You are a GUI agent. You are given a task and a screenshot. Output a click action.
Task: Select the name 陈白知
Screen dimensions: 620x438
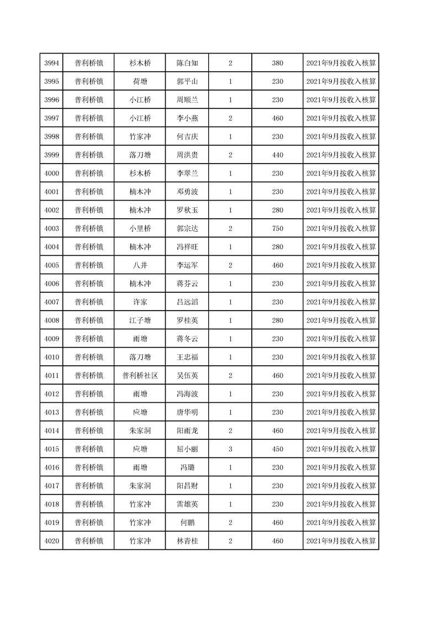click(187, 63)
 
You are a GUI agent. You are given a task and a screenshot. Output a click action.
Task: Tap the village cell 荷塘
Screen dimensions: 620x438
click(140, 81)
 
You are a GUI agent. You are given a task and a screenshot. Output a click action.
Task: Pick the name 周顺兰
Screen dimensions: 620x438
click(187, 100)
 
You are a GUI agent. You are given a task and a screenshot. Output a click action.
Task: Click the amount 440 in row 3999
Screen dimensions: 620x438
click(277, 155)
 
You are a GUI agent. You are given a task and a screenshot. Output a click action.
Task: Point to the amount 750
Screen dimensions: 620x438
click(277, 229)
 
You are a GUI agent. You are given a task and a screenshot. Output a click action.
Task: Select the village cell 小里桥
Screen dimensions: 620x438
click(140, 229)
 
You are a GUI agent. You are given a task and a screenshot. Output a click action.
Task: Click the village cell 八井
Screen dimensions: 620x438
click(140, 265)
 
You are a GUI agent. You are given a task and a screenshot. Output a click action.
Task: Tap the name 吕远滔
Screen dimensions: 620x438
click(187, 302)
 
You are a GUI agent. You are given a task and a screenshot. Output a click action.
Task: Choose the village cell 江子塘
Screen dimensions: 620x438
click(140, 320)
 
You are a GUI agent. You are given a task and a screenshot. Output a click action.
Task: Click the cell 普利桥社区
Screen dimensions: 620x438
click(140, 376)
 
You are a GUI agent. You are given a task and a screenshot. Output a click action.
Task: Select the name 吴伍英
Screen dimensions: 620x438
click(187, 376)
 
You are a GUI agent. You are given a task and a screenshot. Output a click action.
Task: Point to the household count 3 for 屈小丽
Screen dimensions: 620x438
click(230, 449)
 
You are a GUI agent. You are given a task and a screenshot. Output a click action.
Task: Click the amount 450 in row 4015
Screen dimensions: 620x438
click(277, 449)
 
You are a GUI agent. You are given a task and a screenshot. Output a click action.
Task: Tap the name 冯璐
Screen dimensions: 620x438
click(187, 467)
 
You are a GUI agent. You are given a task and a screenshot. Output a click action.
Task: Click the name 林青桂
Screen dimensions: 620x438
click(187, 541)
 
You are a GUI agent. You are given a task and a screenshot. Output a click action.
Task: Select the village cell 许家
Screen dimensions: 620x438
click(140, 302)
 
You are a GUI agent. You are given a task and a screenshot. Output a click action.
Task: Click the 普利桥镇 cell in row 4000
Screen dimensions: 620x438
click(89, 174)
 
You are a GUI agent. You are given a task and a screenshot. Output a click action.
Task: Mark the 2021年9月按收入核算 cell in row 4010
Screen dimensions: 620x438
click(341, 358)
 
